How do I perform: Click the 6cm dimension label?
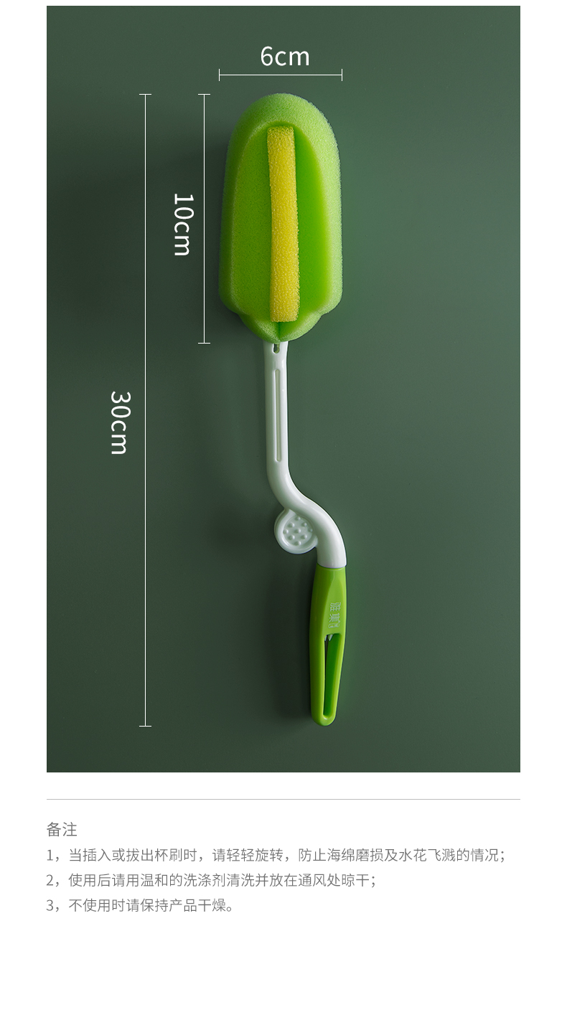pyautogui.click(x=285, y=57)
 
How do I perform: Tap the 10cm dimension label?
pyautogui.click(x=183, y=224)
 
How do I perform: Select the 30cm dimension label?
pyautogui.click(x=120, y=422)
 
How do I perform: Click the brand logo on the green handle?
pyautogui.click(x=334, y=615)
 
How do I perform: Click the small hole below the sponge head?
pyautogui.click(x=275, y=348)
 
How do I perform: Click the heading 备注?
pyautogui.click(x=62, y=830)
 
